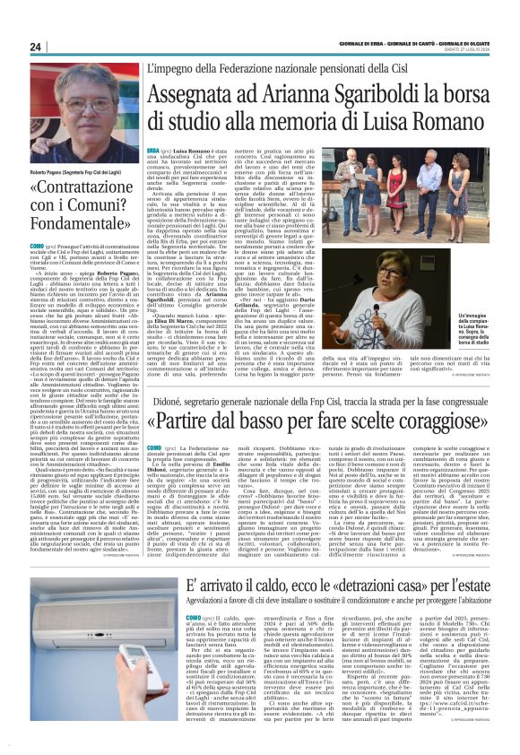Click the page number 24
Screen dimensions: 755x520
37,48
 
